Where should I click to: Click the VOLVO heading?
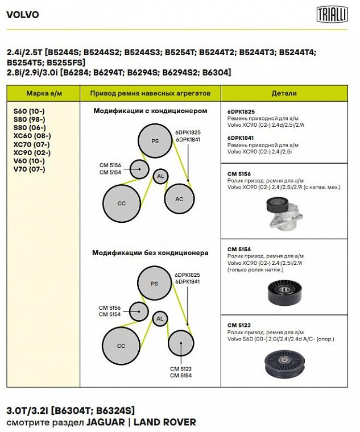22,15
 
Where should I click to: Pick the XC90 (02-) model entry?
32,153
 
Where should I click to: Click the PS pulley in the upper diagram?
155,141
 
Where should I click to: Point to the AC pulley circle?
179,199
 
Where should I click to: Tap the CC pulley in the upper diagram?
121,203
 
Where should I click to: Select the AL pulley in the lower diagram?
160,319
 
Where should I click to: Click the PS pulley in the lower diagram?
154,284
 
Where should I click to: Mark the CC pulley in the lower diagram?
121,346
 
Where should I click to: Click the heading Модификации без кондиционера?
150,253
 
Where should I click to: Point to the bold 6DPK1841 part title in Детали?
241,138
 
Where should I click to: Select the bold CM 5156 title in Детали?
239,173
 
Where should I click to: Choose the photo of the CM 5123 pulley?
284,364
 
